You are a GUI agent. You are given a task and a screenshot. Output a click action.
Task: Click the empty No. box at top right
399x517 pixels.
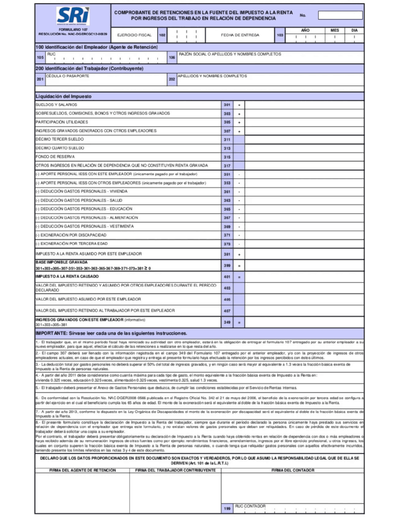tap(340, 15)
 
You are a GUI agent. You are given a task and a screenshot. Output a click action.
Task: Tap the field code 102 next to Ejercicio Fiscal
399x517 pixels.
tap(162, 35)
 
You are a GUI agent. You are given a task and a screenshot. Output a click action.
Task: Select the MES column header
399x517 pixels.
tap(334, 30)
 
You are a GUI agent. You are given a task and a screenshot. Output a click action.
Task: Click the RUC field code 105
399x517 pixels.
tap(40, 57)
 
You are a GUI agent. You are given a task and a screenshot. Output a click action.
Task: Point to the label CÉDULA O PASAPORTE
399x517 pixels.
tap(68, 76)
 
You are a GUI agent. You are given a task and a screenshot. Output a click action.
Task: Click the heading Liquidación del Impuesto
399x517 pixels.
tap(64, 96)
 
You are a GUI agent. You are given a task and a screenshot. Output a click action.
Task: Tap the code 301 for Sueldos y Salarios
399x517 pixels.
tap(227, 105)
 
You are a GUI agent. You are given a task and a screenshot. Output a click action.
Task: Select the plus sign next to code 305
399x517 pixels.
tap(239, 122)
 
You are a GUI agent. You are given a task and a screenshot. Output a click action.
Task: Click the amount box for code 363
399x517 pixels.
tap(304, 200)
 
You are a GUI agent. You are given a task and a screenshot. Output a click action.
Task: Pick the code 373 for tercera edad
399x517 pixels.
tap(227, 244)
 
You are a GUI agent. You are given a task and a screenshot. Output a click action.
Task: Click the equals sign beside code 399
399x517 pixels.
tap(239, 266)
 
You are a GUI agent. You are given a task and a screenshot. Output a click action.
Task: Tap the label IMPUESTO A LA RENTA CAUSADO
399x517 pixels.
tap(67, 276)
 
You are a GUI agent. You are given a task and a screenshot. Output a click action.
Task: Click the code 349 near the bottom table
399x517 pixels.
tap(227, 322)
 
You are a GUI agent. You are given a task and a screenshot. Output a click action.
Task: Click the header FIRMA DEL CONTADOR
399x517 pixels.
tap(293, 470)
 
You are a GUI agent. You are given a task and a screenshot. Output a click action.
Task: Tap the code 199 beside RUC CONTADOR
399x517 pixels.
tap(227, 509)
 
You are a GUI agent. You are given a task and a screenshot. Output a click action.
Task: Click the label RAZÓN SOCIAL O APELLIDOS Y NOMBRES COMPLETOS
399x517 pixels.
tap(230, 54)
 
